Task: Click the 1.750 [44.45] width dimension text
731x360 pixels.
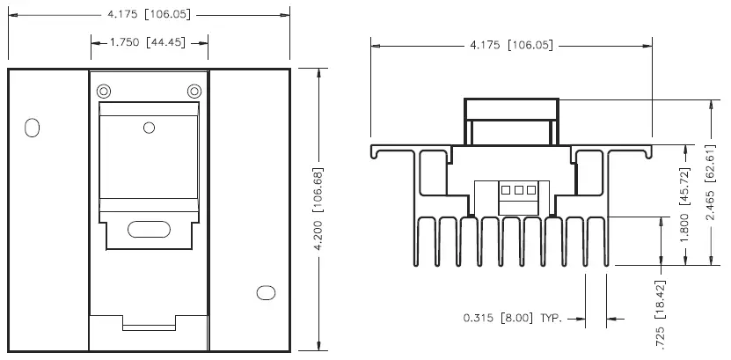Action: pos(150,41)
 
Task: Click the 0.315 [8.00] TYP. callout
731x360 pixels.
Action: pos(512,319)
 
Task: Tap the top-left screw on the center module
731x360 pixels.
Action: pos(104,91)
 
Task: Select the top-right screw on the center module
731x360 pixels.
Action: pos(194,91)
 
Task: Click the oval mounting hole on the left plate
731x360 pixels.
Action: pos(33,128)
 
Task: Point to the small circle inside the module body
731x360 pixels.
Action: pos(149,129)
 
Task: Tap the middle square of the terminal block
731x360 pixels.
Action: pos(519,190)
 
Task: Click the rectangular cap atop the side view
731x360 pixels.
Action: pos(513,109)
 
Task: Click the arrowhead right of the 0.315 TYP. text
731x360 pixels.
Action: pos(612,319)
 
